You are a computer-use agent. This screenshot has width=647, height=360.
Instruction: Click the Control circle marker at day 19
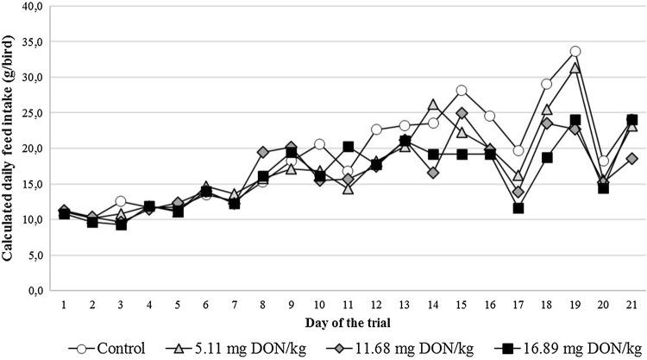[x=575, y=52]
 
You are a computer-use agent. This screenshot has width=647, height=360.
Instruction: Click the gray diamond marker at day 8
[x=263, y=152]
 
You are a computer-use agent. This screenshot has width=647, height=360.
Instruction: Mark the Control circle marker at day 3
[x=121, y=201]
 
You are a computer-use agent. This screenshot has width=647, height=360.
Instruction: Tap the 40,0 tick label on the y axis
[x=32, y=6]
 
